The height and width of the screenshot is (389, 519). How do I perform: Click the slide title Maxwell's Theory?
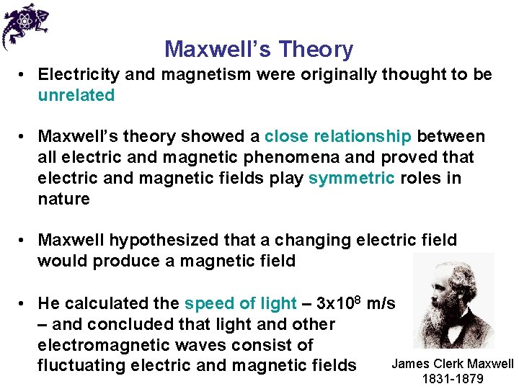point(259,49)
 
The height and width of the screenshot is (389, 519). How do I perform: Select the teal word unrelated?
point(76,95)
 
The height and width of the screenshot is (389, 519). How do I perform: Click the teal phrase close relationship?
point(338,136)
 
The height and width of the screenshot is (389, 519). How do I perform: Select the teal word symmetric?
point(351,178)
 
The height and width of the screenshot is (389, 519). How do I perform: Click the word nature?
point(64,199)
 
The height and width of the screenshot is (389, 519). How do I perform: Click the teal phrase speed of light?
point(241,303)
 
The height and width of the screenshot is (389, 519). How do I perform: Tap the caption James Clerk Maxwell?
point(453,364)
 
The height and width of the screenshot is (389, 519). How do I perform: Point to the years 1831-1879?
point(453,379)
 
